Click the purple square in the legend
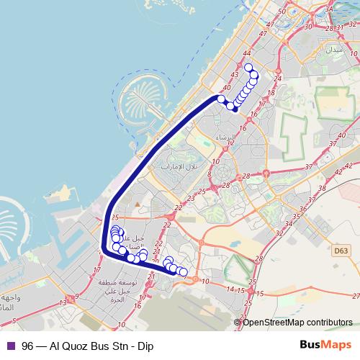(10, 345)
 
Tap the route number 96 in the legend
(27, 345)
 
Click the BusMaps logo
(325, 344)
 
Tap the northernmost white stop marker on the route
(250, 68)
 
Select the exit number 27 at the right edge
(354, 295)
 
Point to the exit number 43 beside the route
(235, 74)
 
